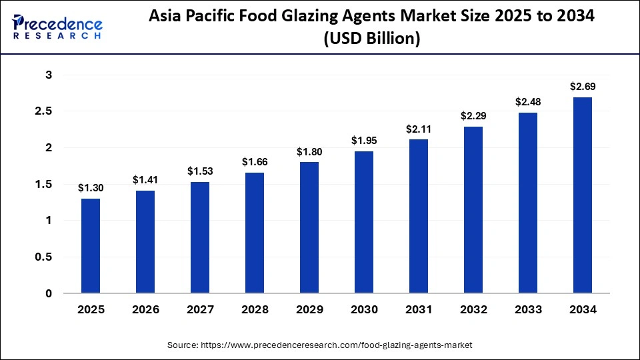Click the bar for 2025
pyautogui.click(x=91, y=246)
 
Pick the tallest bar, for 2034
pyautogui.click(x=582, y=195)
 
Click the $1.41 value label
pyautogui.click(x=145, y=179)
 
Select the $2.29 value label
pyautogui.click(x=473, y=115)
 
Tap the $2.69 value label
pyautogui.click(x=582, y=86)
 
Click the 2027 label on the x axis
pyautogui.click(x=200, y=309)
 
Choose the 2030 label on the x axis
pyautogui.click(x=364, y=309)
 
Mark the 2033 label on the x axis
pyautogui.click(x=527, y=309)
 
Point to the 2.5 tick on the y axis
pyautogui.click(x=44, y=111)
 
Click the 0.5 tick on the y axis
pyautogui.click(x=44, y=257)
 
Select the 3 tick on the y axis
pyautogui.click(x=49, y=75)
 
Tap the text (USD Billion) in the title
pyautogui.click(x=372, y=39)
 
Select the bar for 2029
pyautogui.click(x=309, y=227)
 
